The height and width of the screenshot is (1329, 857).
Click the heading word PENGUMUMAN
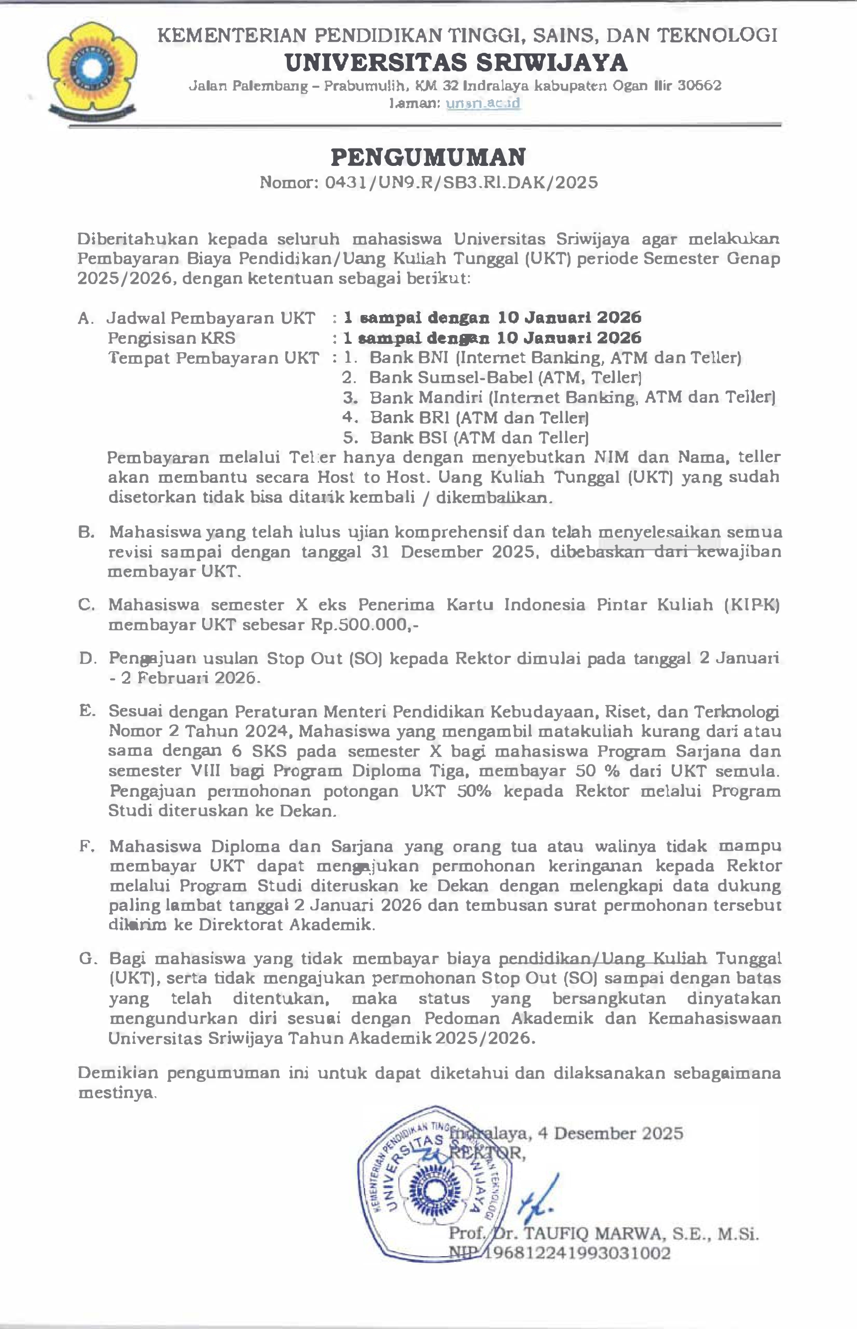[x=428, y=157]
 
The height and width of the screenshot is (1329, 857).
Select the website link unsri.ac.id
[x=483, y=103]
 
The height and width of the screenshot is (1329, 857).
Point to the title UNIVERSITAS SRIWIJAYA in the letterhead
[x=456, y=62]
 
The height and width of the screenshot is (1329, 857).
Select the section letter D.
[x=87, y=659]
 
